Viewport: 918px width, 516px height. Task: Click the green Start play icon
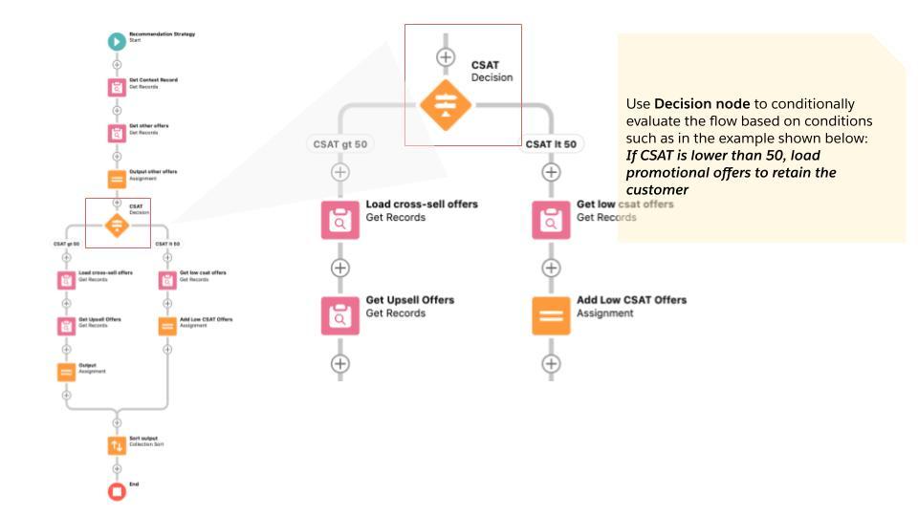pyautogui.click(x=117, y=40)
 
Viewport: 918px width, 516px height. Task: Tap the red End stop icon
pyautogui.click(x=117, y=491)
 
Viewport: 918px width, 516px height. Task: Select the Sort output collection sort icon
pyautogui.click(x=117, y=445)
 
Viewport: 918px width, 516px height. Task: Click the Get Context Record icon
pyautogui.click(x=117, y=87)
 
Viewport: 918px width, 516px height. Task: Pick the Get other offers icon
pyautogui.click(x=117, y=133)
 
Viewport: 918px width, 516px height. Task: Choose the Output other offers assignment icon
pyautogui.click(x=117, y=179)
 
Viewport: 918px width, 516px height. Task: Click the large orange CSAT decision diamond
pyautogui.click(x=446, y=105)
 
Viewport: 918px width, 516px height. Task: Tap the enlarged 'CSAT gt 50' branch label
pyautogui.click(x=340, y=144)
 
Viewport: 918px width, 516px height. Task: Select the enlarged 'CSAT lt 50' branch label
pyautogui.click(x=551, y=144)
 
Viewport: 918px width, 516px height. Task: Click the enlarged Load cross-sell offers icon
pyautogui.click(x=340, y=220)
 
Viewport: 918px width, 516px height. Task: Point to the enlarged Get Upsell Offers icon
pyautogui.click(x=340, y=315)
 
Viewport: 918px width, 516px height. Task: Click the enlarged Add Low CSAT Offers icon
pyautogui.click(x=551, y=315)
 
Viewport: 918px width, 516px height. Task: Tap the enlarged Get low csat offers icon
pyautogui.click(x=551, y=220)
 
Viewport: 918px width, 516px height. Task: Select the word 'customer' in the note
pyautogui.click(x=658, y=190)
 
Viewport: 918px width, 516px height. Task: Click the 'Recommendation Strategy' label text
pyautogui.click(x=163, y=34)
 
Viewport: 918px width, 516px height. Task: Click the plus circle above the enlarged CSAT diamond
pyautogui.click(x=446, y=56)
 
